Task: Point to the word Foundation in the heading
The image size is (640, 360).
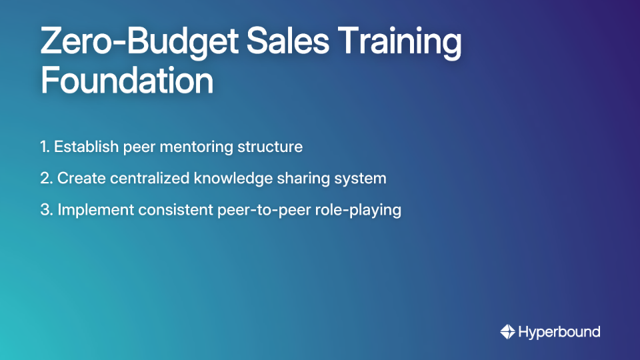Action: [x=127, y=81]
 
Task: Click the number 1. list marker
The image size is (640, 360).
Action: [x=45, y=147]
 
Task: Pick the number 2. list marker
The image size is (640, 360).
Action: [x=46, y=178]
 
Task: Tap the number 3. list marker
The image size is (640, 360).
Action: [x=46, y=210]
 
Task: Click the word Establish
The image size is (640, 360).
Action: [x=87, y=147]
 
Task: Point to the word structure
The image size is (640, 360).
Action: [x=270, y=147]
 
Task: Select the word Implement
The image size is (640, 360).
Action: [x=95, y=210]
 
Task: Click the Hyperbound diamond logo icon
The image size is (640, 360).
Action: [x=507, y=331]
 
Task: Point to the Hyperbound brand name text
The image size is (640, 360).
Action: [x=559, y=332]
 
